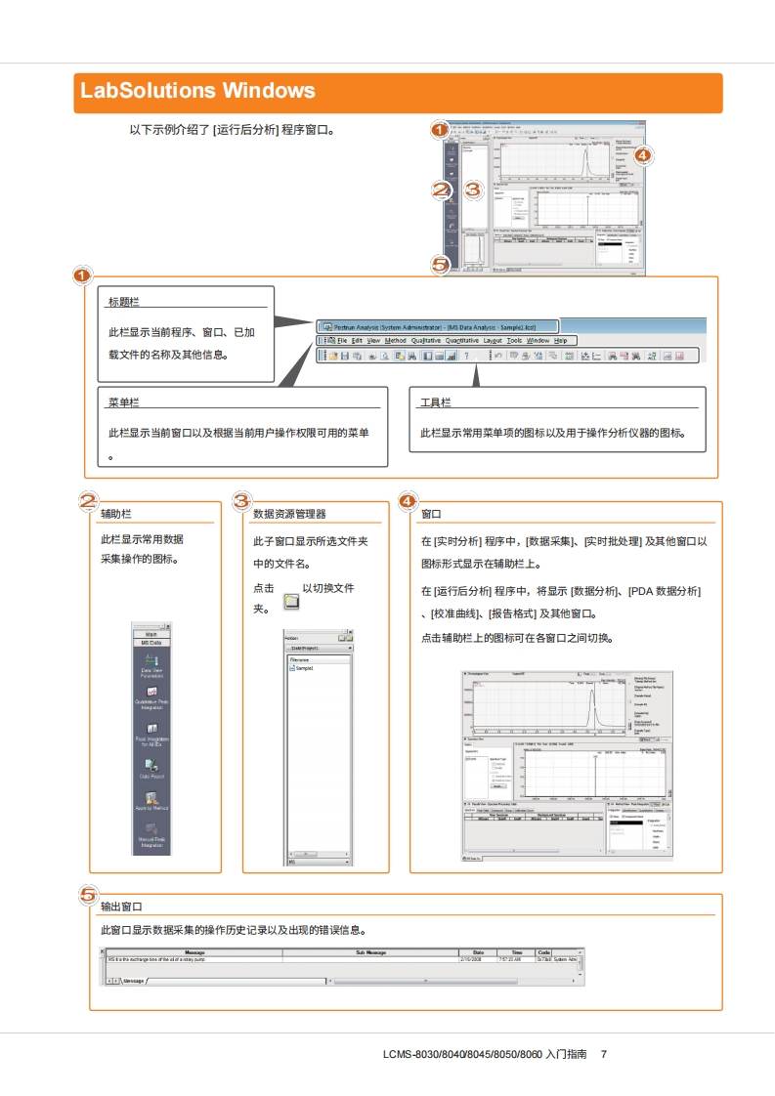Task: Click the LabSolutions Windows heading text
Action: click(x=198, y=92)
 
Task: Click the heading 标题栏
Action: click(x=123, y=302)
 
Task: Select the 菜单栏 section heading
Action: click(x=123, y=402)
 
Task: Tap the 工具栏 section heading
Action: click(x=436, y=402)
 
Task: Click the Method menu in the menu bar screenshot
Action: click(x=395, y=340)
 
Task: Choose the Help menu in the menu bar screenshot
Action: click(x=560, y=340)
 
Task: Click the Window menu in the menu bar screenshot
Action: click(x=538, y=340)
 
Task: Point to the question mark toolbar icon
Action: click(x=466, y=357)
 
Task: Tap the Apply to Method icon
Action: click(x=151, y=802)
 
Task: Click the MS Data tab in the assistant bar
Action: click(x=151, y=642)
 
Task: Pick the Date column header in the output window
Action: click(x=478, y=951)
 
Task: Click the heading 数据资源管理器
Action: click(x=289, y=514)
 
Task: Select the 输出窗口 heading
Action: click(x=122, y=906)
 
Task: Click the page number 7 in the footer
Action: click(x=604, y=1054)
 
